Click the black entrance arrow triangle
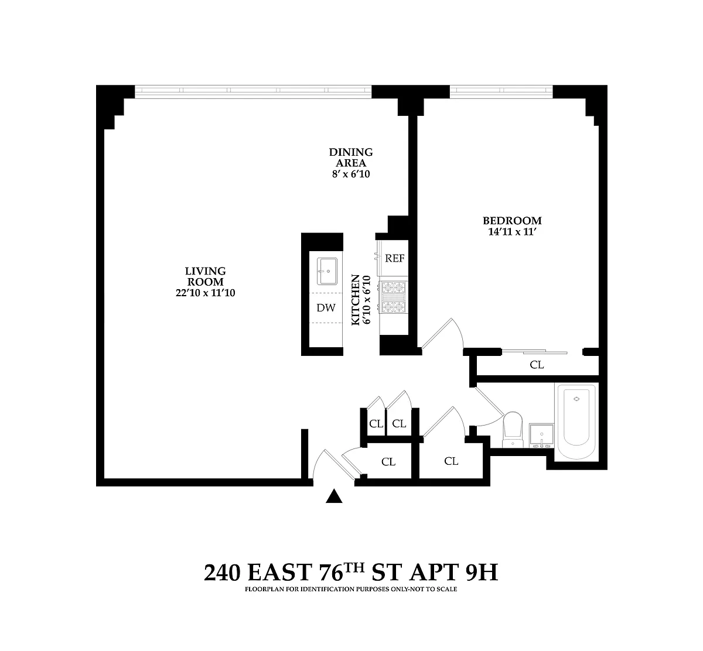click(334, 496)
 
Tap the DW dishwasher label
click(326, 308)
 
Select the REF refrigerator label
click(395, 258)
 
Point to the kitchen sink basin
click(327, 271)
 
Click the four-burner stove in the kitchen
click(393, 297)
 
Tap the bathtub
click(576, 422)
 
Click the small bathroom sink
click(541, 436)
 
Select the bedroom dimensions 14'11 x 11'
click(512, 232)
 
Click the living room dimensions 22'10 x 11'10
click(205, 293)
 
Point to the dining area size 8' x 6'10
click(351, 174)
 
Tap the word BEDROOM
click(512, 221)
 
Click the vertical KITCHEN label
click(356, 300)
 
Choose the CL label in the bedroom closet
click(537, 365)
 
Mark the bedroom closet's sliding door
click(534, 352)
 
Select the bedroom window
click(501, 92)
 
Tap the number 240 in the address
click(222, 573)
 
